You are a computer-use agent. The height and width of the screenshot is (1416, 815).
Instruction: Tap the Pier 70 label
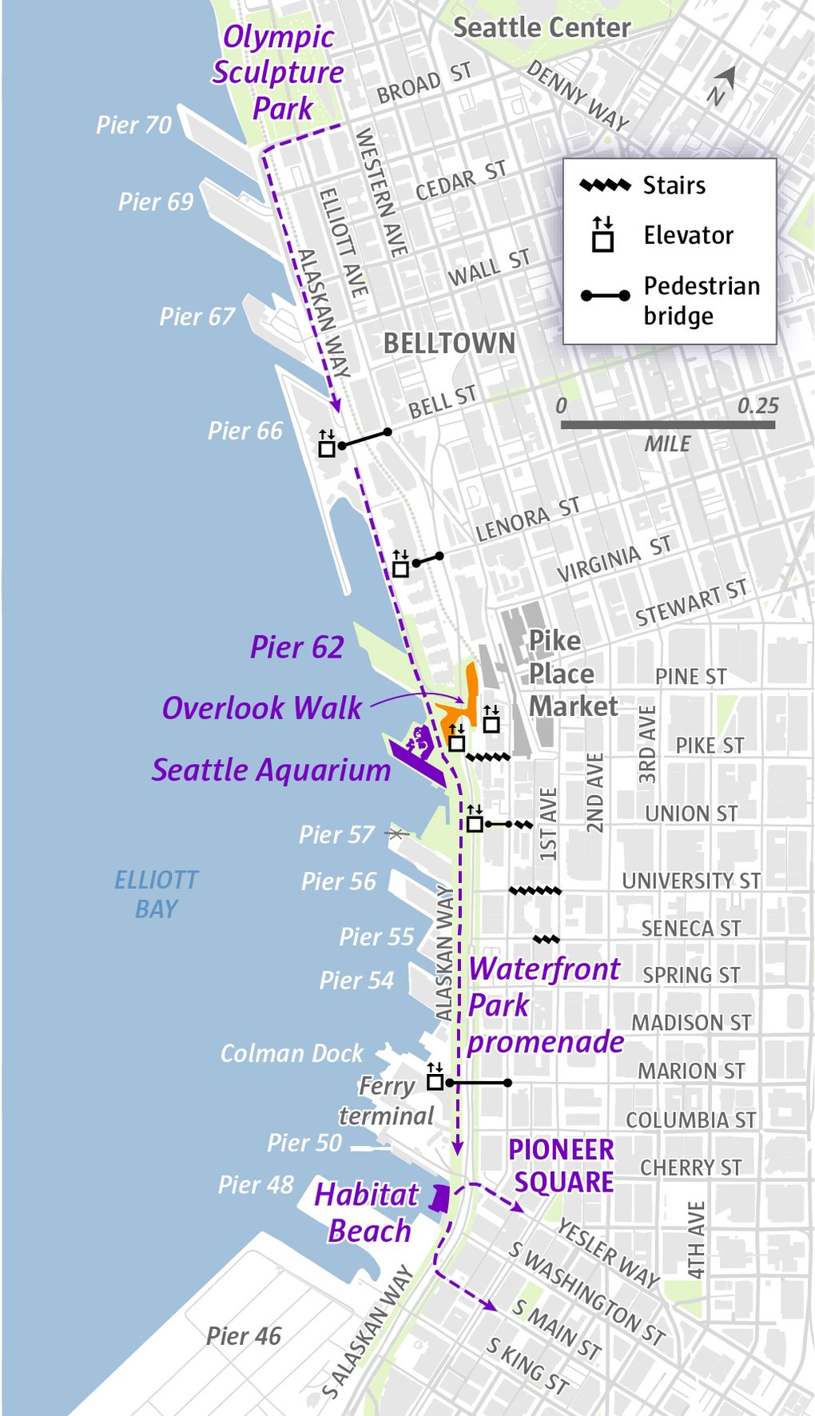133,125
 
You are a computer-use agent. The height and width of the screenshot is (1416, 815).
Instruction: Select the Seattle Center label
542,28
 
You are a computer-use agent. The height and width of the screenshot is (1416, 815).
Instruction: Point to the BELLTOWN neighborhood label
449,344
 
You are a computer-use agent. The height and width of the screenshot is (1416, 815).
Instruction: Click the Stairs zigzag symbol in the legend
605,185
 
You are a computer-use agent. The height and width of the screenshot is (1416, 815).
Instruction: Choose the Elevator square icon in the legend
603,236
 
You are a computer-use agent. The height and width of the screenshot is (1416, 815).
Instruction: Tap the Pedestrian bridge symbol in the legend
605,296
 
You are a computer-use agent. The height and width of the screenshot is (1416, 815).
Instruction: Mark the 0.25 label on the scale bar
757,406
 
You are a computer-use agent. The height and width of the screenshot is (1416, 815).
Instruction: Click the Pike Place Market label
572,674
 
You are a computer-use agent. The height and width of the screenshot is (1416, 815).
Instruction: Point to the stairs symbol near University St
535,890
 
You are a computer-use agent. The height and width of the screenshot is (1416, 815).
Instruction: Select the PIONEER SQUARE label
562,1166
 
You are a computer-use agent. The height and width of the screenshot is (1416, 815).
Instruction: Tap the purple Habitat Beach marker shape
439,1198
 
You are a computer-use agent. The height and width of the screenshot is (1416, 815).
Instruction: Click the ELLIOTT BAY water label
156,894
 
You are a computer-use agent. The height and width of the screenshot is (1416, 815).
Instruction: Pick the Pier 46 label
244,1336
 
